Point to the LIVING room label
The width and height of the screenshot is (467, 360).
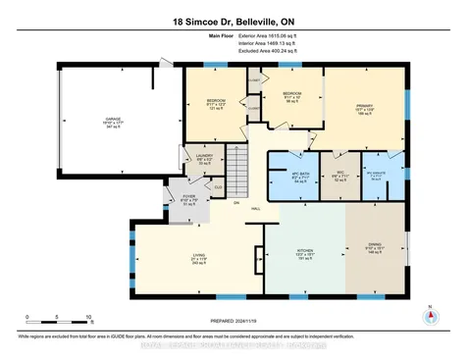[198, 259]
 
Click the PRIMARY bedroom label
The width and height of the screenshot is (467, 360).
[364, 112]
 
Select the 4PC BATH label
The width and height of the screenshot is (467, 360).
[291, 178]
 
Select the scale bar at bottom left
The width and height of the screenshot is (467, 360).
[59, 325]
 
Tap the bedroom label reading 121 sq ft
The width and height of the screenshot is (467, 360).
[216, 105]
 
